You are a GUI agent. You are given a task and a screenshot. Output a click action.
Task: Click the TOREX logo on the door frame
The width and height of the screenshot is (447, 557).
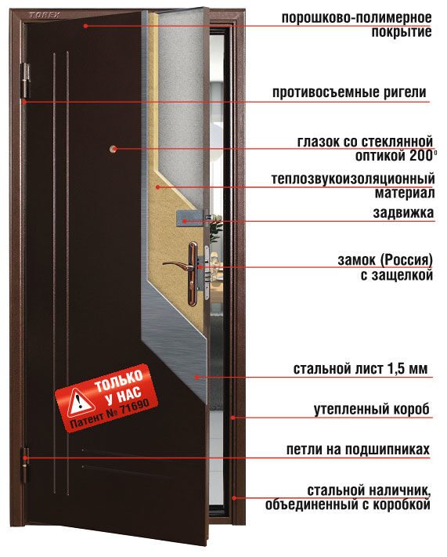(x=45, y=15)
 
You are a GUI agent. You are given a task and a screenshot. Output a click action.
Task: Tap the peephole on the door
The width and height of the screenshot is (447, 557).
(x=114, y=149)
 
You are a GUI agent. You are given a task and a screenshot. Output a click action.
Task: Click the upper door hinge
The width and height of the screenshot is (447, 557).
(x=25, y=80)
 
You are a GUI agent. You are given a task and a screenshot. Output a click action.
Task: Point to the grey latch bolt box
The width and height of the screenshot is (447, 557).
(x=190, y=218)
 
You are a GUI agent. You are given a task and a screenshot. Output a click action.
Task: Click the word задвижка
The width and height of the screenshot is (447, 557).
(x=403, y=213)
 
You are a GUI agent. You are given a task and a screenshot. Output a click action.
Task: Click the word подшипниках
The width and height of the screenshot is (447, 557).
(x=388, y=450)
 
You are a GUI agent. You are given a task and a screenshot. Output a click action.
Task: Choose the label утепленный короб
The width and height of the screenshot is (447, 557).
(x=372, y=410)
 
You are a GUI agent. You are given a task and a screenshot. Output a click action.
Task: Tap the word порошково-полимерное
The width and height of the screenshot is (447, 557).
(x=356, y=18)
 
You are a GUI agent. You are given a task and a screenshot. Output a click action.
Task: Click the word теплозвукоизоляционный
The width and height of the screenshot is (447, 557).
(x=353, y=179)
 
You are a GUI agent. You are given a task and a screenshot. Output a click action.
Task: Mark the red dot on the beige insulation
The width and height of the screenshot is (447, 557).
(x=157, y=186)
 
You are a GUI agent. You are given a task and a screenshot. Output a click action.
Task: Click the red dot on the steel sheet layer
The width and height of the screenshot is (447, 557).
(x=196, y=378)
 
